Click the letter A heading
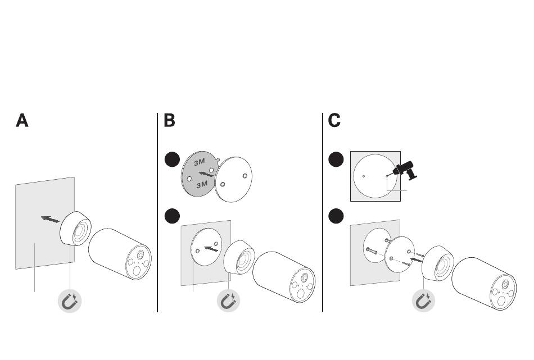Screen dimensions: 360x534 [22, 121]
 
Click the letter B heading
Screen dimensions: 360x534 [169, 121]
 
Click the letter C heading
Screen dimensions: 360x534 [334, 121]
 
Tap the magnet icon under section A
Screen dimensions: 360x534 [70, 302]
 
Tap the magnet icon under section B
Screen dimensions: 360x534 [229, 302]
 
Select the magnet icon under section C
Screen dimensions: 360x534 [424, 302]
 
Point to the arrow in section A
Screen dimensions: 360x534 [51, 219]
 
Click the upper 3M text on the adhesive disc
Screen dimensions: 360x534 [200, 162]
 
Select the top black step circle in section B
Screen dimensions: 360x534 [172, 160]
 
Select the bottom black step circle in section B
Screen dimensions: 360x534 [172, 215]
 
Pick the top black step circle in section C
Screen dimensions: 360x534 [336, 160]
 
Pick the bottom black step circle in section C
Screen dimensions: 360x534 [336, 215]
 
